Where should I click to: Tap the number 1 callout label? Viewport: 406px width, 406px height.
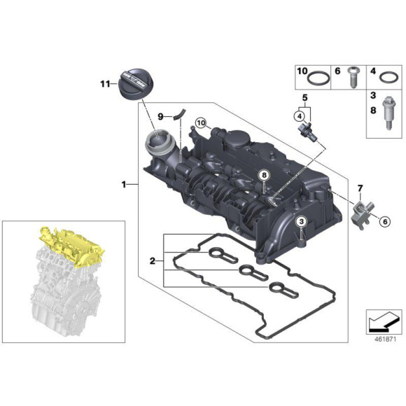124,185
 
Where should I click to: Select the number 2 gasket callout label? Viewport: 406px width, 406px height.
153,261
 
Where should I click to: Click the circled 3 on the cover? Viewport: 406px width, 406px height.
301,223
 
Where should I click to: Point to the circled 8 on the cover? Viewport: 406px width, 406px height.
264,174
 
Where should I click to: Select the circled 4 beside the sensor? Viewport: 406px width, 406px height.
299,115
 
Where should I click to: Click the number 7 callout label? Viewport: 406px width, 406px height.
361,187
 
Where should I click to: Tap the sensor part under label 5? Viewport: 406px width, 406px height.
307,132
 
